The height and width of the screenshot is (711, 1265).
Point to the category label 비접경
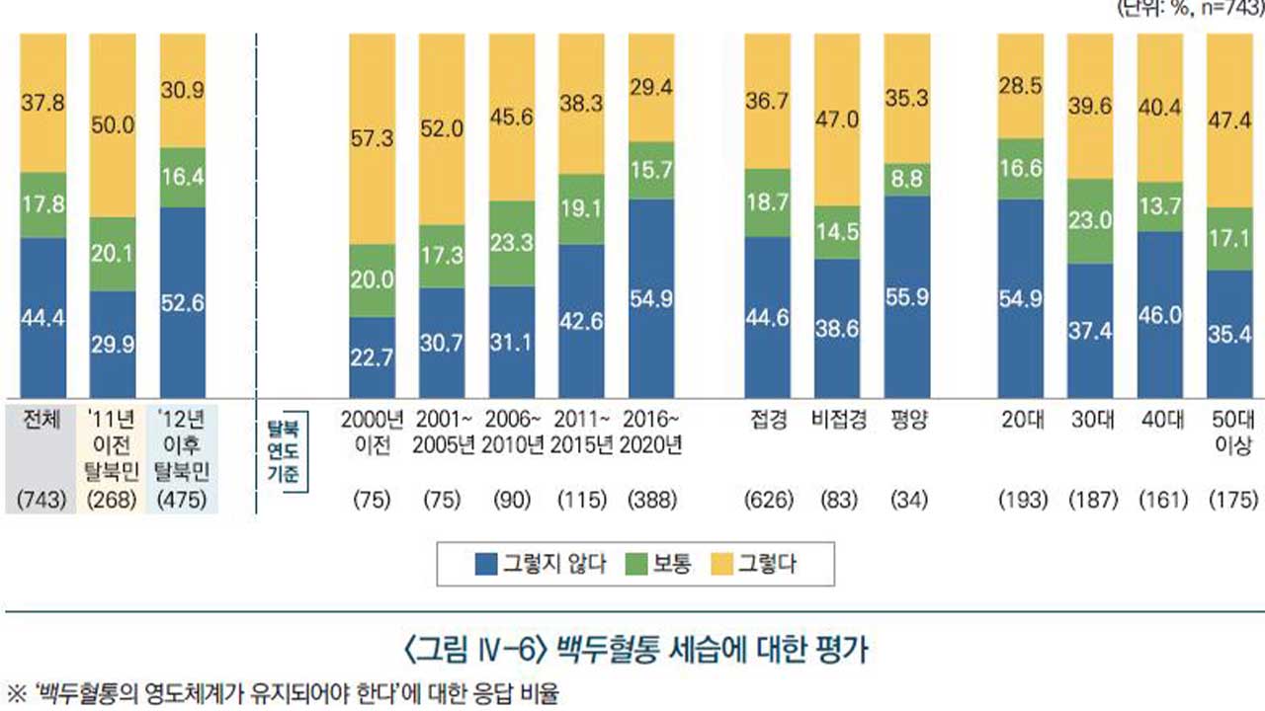pyautogui.click(x=839, y=419)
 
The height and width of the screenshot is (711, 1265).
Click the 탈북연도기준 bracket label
pyautogui.click(x=289, y=450)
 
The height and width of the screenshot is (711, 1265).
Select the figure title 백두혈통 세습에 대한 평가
pyautogui.click(x=634, y=652)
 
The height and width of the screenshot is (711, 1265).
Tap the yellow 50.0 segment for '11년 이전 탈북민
pyautogui.click(x=113, y=125)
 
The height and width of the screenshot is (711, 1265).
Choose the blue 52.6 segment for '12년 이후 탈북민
pyautogui.click(x=182, y=301)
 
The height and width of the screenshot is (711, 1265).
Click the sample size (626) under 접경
pyautogui.click(x=769, y=501)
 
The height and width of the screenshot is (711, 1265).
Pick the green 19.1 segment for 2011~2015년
pyautogui.click(x=582, y=209)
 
